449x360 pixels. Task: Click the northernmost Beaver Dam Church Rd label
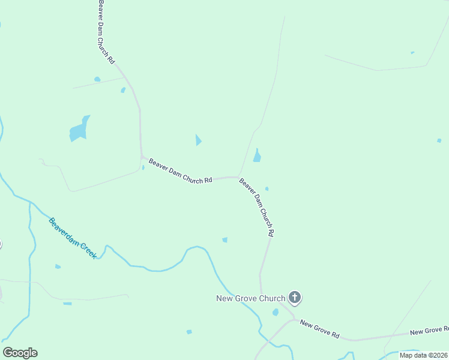106,32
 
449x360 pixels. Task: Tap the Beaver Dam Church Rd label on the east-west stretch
180,171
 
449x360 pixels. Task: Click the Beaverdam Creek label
73,238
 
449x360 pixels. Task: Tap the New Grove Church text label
251,298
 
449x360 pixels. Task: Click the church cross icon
295,297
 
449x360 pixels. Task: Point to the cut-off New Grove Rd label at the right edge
429,331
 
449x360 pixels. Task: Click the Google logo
20,353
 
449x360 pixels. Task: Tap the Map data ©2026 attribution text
423,355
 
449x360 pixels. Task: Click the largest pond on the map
79,130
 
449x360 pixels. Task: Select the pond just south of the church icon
276,312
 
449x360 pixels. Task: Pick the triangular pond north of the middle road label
198,140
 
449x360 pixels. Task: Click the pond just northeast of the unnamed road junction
257,156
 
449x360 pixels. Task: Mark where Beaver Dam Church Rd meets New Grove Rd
294,319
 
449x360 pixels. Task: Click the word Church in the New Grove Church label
271,298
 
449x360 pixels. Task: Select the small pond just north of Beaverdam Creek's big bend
224,240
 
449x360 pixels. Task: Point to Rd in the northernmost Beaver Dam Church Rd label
112,60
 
